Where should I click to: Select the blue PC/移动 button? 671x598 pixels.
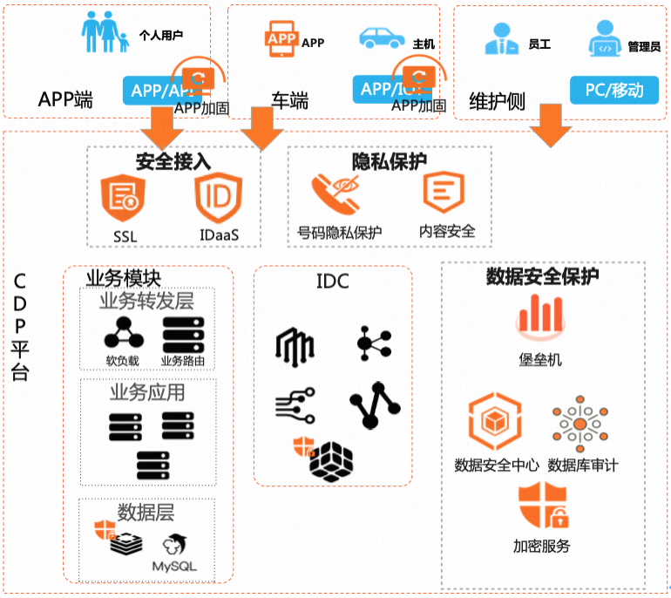click(613, 90)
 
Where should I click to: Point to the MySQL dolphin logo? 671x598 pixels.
click(176, 544)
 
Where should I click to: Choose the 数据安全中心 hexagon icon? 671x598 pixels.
click(496, 424)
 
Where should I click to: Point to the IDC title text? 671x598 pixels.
click(332, 281)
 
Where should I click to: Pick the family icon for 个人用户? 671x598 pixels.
click(105, 33)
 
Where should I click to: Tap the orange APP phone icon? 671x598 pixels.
click(281, 40)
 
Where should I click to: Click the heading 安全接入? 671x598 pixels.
click(173, 161)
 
